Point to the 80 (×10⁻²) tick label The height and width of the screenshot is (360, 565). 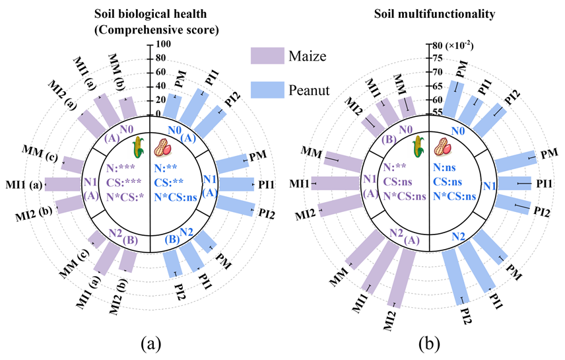tap(450, 46)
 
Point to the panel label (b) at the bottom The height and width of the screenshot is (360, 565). tap(429, 343)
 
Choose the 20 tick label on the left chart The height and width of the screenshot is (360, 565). tap(162, 100)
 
